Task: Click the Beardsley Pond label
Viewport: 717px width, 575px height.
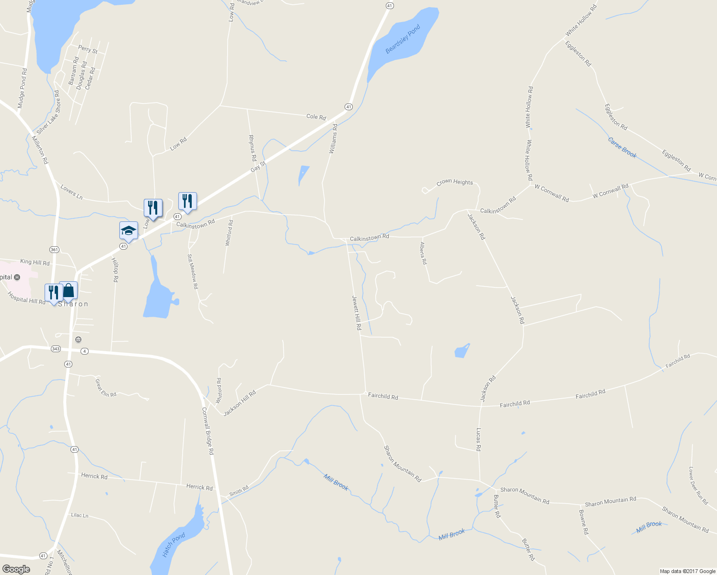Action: coord(403,39)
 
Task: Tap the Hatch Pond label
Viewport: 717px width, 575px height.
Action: coord(173,545)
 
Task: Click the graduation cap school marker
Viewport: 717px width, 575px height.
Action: coord(128,230)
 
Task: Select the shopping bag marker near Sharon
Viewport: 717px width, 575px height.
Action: coord(68,290)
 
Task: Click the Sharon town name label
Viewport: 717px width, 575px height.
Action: coord(73,304)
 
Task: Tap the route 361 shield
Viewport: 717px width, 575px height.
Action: coord(54,249)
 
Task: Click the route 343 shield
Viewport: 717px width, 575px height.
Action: coord(56,349)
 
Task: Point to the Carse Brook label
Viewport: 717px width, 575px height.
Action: coord(622,148)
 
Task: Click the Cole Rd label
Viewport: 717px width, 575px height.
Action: coord(316,117)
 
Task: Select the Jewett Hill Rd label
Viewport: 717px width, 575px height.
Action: coord(357,312)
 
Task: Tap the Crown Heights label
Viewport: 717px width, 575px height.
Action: coord(454,183)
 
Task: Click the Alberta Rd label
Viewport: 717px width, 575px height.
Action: coord(423,253)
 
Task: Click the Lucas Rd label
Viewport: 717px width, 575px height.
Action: coord(478,439)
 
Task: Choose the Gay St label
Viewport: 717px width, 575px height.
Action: coord(258,167)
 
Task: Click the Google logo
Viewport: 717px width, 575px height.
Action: coord(16,569)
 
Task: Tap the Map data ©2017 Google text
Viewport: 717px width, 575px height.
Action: coord(687,571)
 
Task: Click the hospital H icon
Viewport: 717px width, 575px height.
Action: coord(17,277)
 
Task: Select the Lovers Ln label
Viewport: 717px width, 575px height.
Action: coord(71,192)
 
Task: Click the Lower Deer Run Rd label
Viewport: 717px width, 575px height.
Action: coord(698,485)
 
